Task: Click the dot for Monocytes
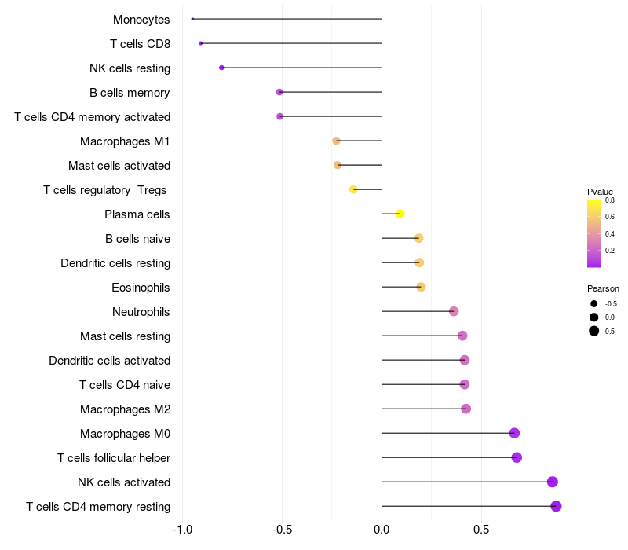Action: point(192,19)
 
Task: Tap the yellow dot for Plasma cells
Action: point(400,214)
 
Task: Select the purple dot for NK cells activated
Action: point(553,482)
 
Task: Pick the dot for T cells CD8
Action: point(201,43)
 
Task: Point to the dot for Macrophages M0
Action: point(514,433)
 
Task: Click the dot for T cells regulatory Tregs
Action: point(353,189)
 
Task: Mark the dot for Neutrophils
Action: point(454,311)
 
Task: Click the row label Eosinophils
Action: point(141,288)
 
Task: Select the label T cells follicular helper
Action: point(114,458)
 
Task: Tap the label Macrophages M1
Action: point(125,141)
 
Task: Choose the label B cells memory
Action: point(130,93)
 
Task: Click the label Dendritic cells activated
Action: point(110,361)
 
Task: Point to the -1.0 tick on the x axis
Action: point(183,530)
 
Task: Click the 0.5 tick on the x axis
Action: point(481,530)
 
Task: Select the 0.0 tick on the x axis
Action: point(382,530)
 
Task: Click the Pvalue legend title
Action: point(600,192)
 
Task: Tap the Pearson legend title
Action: point(603,288)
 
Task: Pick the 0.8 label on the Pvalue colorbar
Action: point(610,200)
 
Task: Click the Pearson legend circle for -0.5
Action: point(594,304)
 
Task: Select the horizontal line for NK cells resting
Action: point(301,68)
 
